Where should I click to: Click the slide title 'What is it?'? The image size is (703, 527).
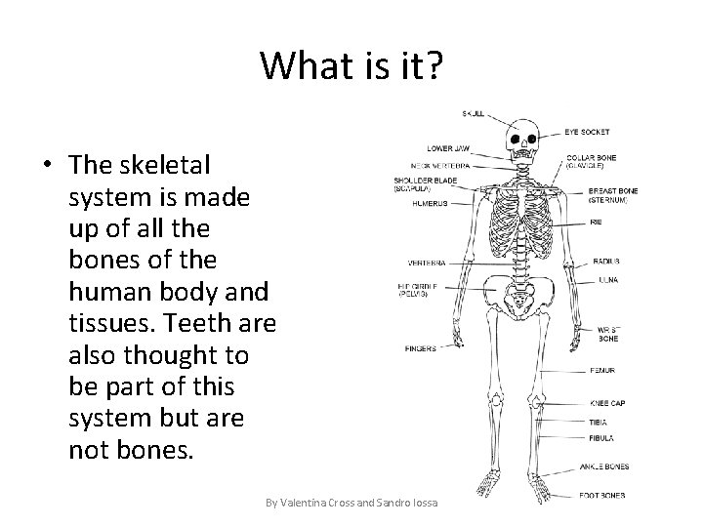click(x=351, y=65)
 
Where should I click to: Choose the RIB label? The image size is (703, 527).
click(x=596, y=221)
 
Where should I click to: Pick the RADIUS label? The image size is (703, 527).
click(x=605, y=262)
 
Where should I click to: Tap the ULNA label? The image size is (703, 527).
click(x=603, y=279)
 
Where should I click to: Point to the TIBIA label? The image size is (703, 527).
click(x=599, y=423)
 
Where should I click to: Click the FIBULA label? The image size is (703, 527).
click(x=601, y=437)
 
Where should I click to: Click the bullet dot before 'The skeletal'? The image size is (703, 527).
click(x=47, y=164)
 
